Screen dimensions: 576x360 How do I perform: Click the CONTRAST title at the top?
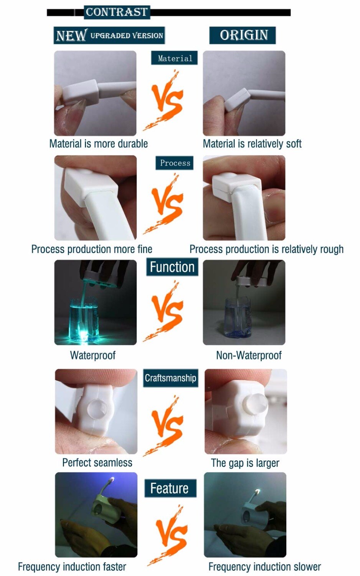coord(117,12)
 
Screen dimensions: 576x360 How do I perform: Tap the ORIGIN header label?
coord(243,35)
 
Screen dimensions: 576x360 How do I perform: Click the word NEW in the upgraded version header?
coord(71,36)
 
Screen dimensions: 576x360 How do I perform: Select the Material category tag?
coord(175,58)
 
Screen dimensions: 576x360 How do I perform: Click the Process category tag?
coord(175,163)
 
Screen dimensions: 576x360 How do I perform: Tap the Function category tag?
coord(172,267)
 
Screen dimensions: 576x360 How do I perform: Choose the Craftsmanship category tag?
coord(170,378)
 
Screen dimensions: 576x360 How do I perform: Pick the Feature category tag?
coord(170,488)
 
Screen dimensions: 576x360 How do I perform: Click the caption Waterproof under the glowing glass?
coord(92,356)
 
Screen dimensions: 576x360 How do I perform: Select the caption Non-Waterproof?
coord(249,356)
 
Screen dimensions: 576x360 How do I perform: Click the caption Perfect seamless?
coord(97,463)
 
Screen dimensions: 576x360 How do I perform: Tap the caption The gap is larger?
coord(245,463)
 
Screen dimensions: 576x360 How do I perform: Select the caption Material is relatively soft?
coord(252,144)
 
